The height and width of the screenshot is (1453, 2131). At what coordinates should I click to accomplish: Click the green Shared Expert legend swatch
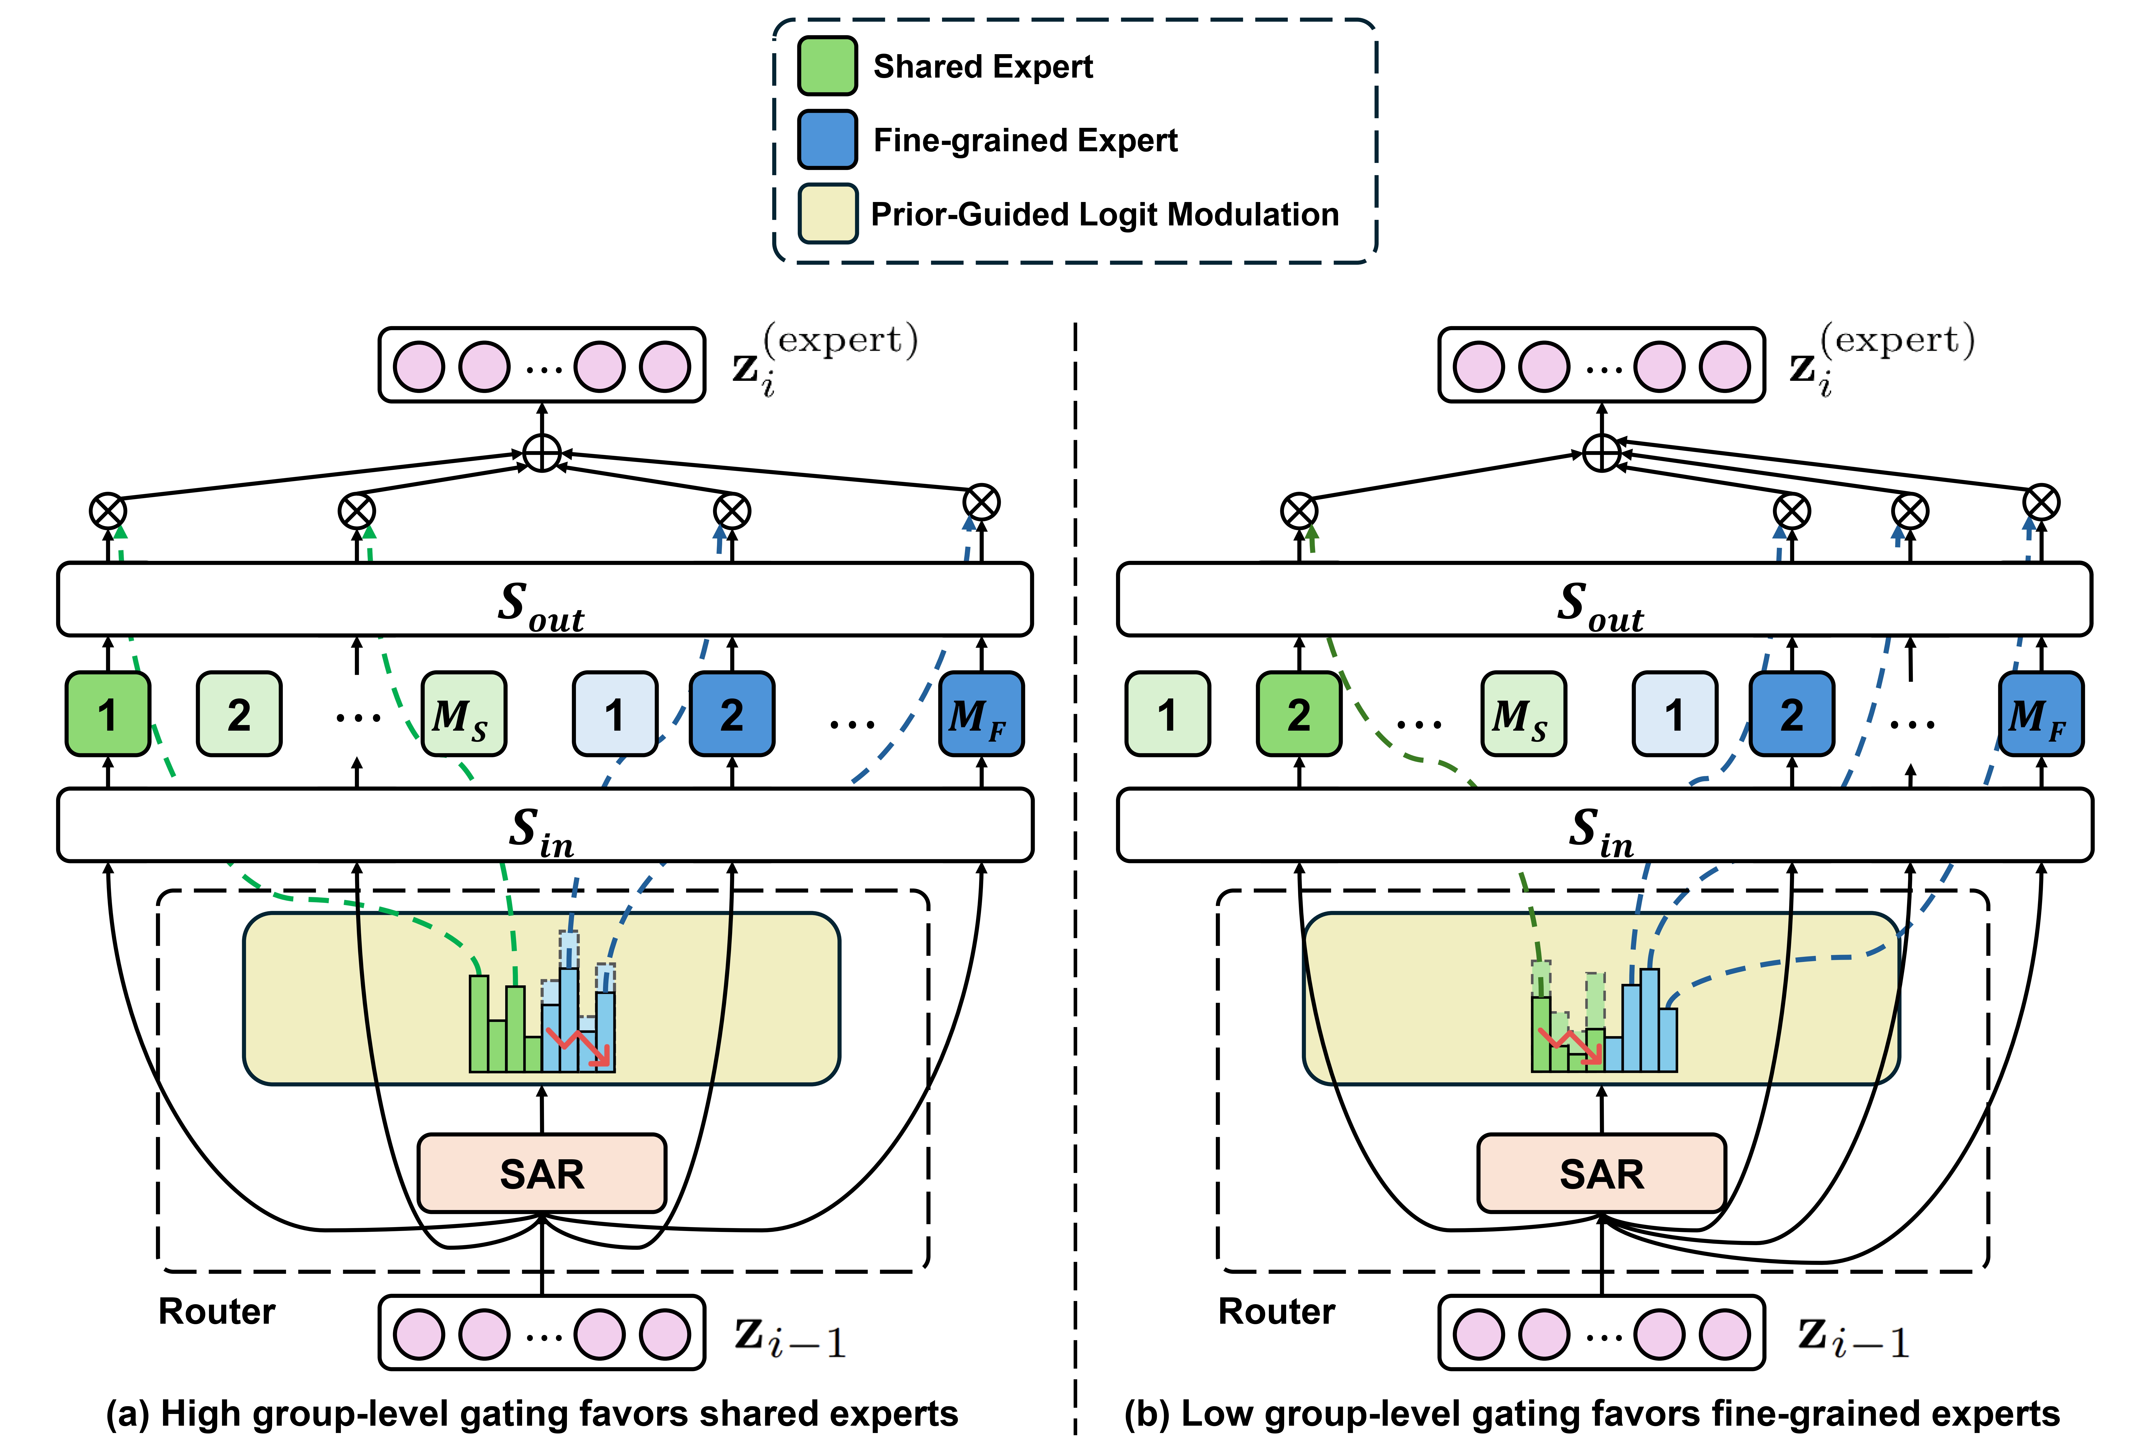coord(827,66)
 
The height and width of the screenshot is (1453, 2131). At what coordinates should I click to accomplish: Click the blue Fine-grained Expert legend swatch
coord(827,139)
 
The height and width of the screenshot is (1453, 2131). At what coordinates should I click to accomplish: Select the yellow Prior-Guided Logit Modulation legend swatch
coord(827,214)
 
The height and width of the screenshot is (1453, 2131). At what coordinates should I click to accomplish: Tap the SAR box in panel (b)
coord(1601,1173)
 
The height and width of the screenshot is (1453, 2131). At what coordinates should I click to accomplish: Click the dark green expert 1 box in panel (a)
coord(107,714)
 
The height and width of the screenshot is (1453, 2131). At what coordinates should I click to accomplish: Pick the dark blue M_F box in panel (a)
coord(980,714)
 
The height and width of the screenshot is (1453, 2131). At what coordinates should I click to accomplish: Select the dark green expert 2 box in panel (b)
coord(1298,714)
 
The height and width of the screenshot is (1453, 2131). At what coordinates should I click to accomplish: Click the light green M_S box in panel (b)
coord(1523,714)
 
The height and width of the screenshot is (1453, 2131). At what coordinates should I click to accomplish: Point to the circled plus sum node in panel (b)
coord(1601,453)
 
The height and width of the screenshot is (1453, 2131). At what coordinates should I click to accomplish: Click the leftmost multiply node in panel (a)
coord(107,511)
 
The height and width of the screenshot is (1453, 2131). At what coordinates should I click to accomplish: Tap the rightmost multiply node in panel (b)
coord(2041,502)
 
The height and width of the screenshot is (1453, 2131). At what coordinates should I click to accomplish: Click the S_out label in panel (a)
coord(541,605)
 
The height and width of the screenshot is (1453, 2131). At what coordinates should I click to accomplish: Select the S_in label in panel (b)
coord(1601,831)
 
